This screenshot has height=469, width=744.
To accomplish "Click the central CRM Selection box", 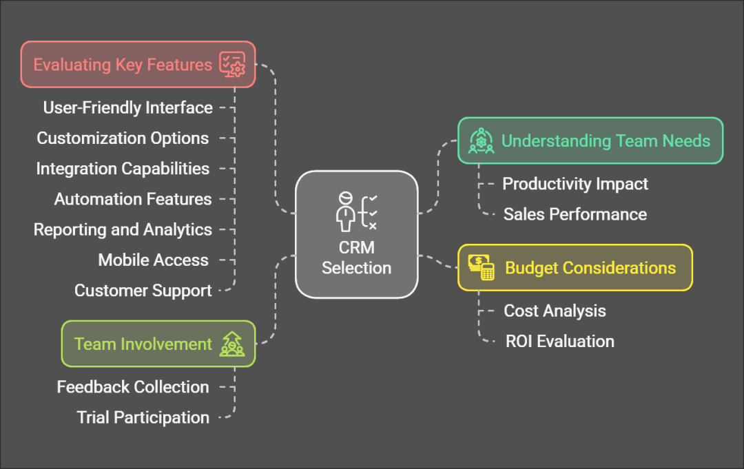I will click(356, 234).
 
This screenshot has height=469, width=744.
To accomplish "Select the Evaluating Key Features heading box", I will click(138, 65).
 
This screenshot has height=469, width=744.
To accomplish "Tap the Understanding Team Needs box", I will click(590, 140).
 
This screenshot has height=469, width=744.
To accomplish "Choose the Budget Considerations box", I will click(575, 268).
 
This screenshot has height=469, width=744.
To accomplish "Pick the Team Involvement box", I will click(158, 344).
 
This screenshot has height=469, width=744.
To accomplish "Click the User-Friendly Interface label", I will click(127, 107).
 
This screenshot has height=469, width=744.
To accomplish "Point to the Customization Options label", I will click(123, 138).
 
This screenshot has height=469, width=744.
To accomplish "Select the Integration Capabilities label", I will click(123, 169).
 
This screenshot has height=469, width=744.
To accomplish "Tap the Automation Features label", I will click(133, 199).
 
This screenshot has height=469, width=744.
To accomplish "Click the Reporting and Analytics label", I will click(123, 229).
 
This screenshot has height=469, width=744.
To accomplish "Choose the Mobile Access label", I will click(153, 260).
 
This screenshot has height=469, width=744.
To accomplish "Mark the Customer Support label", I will click(143, 290).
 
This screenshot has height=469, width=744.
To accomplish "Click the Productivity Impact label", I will click(575, 184).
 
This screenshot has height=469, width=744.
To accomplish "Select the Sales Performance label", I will click(575, 214).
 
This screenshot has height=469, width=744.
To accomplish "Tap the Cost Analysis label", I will click(555, 311).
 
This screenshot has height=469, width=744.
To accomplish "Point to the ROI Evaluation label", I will click(559, 341).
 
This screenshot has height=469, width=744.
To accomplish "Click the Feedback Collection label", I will click(132, 387).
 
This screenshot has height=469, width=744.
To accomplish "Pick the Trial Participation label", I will click(143, 417).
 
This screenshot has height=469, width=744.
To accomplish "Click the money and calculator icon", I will click(482, 267).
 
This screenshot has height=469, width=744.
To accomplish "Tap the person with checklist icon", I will click(356, 211).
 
